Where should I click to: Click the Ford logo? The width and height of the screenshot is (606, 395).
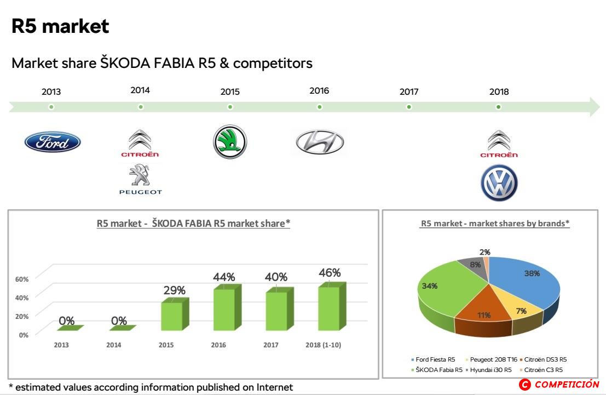pos(53,141)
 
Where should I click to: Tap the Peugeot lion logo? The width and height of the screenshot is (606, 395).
pos(140,179)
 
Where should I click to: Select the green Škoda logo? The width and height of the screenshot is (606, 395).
pos(230,141)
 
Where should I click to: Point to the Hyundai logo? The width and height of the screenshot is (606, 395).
pos(320,142)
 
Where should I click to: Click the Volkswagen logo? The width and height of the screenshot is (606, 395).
pos(499,182)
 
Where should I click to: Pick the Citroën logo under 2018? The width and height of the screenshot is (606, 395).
pos(499,144)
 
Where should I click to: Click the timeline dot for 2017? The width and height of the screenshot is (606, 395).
pos(409,107)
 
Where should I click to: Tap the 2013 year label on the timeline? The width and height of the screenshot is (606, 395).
pos(51,91)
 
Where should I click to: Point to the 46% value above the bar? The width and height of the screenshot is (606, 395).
pos(330,273)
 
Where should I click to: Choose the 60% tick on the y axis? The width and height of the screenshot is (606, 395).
pos(22,279)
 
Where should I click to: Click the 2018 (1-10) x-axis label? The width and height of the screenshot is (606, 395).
pos(323,345)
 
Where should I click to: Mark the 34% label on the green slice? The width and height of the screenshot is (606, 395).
pos(429,286)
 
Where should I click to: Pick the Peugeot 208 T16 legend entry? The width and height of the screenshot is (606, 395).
pos(492,359)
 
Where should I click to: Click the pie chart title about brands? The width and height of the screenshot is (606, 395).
pos(495,223)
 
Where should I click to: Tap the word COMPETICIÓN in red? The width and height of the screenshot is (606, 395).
pos(567,384)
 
